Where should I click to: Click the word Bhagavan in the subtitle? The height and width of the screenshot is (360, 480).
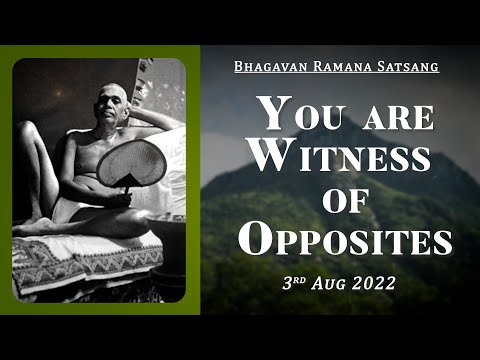(267, 67)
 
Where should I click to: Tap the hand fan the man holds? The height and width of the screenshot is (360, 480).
(132, 165)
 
